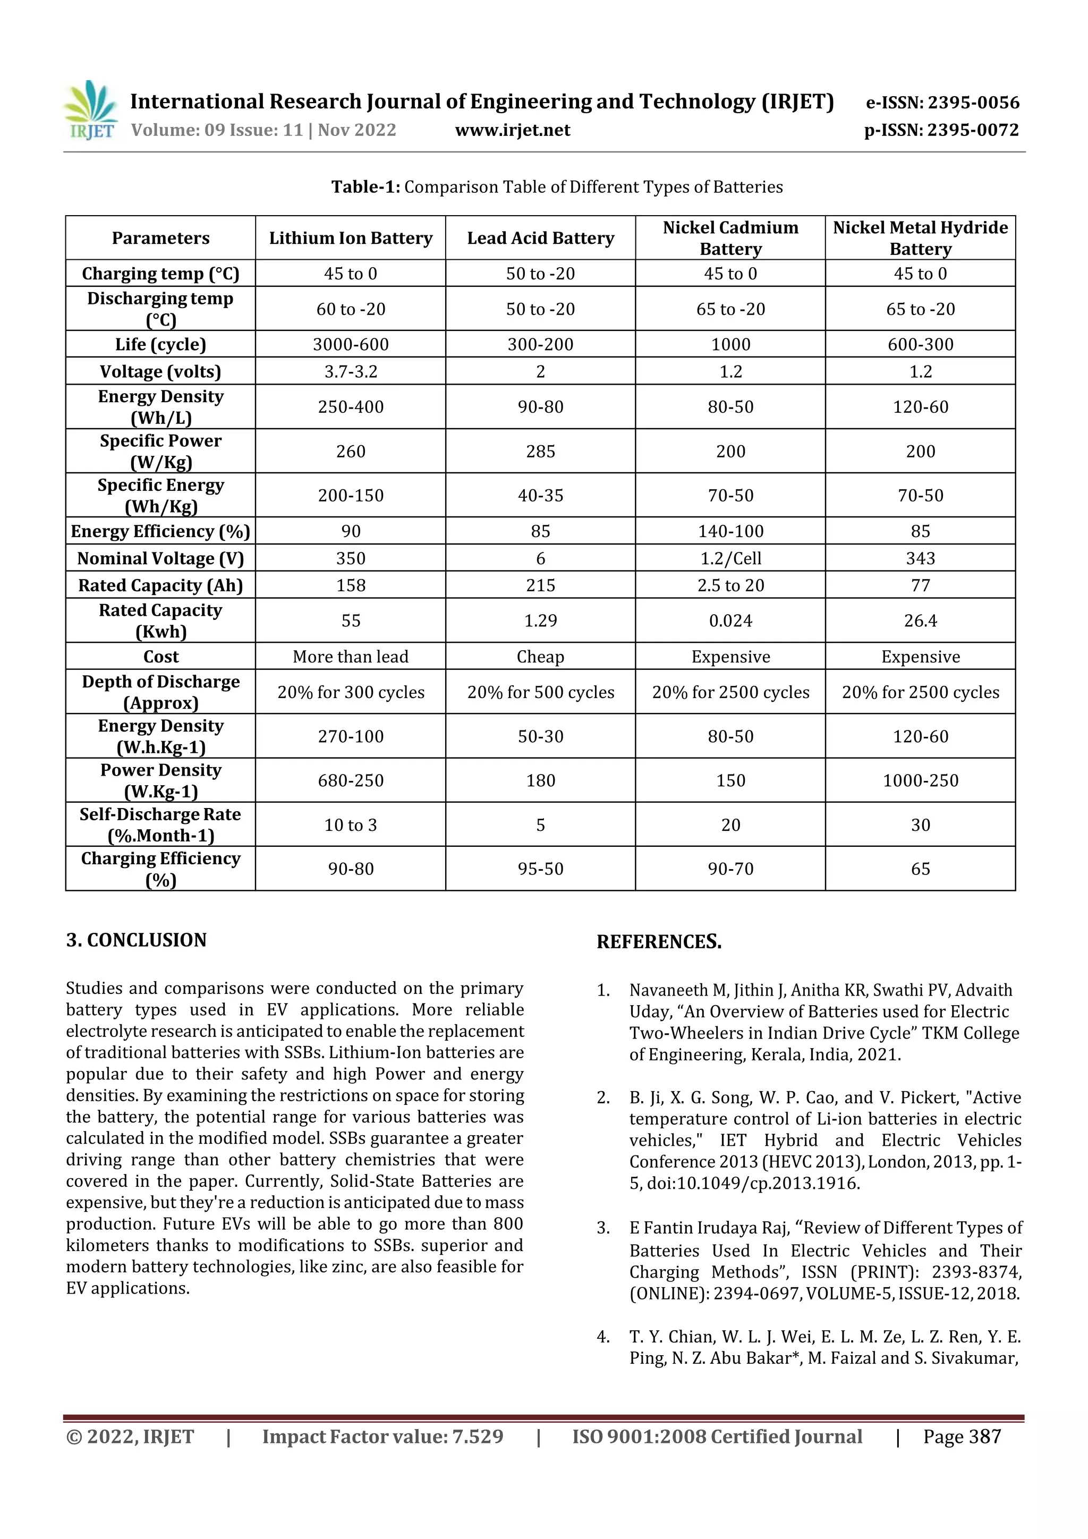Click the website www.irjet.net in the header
512,130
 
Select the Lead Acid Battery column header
540,238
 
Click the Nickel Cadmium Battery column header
730,238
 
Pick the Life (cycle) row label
161,345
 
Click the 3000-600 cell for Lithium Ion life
351,345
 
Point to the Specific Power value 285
540,451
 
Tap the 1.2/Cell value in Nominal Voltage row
730,558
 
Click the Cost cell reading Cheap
540,657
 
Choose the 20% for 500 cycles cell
540,692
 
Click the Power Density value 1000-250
921,780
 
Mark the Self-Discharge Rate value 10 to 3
351,825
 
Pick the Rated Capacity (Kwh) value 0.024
730,620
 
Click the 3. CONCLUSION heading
136,940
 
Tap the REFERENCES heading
659,942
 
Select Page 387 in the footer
962,1436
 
